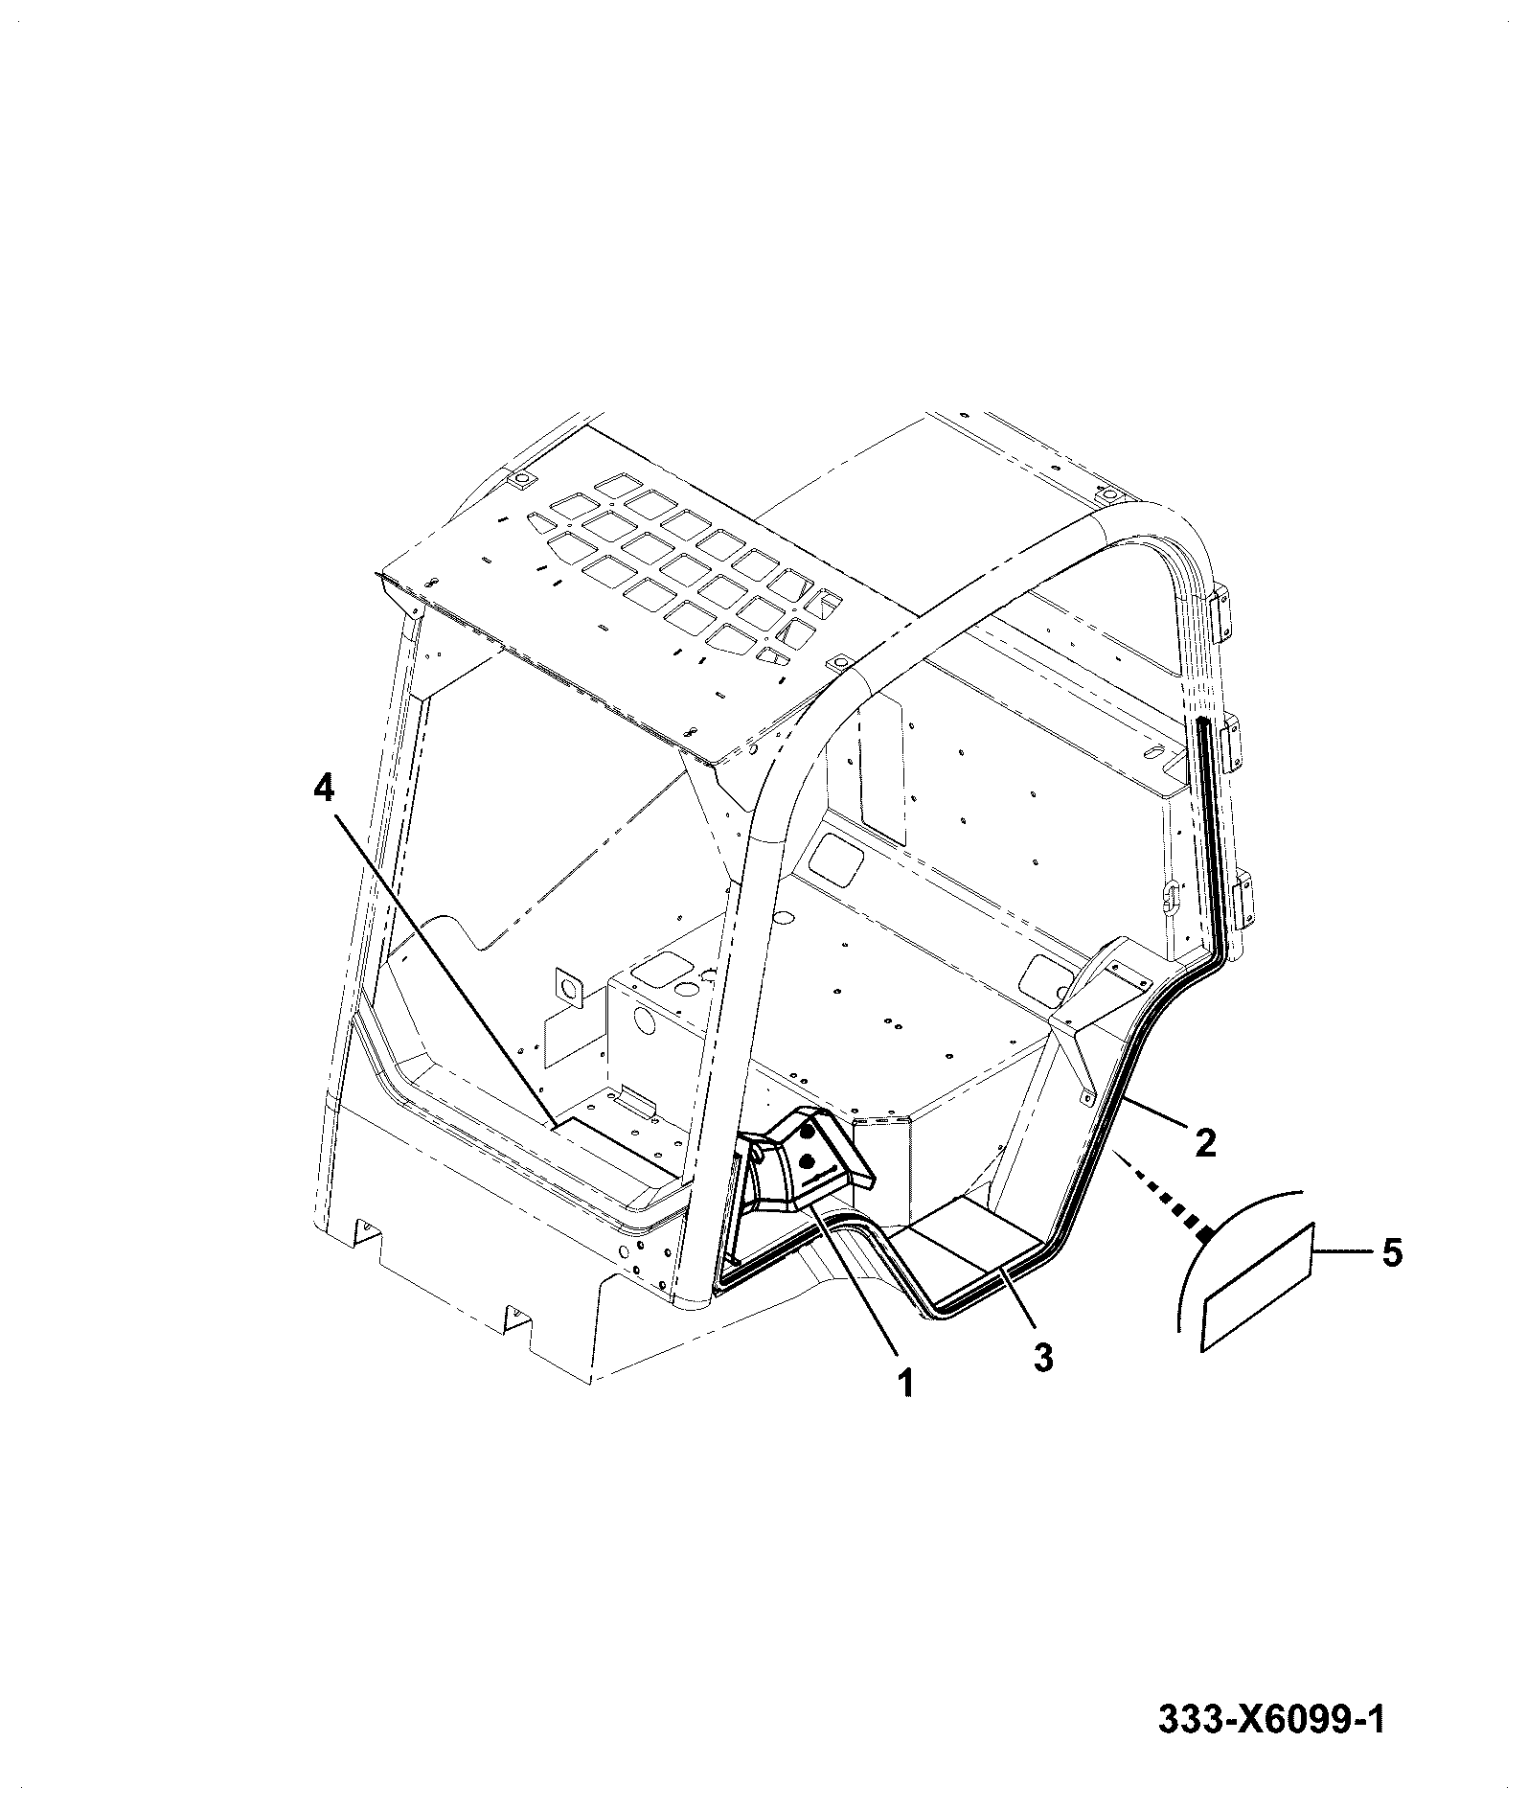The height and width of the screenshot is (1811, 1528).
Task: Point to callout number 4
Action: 324,789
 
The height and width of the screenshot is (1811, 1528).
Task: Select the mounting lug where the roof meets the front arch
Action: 840,663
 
